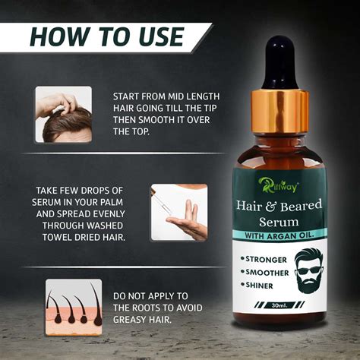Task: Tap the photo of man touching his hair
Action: point(63,114)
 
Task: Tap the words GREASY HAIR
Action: point(141,319)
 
